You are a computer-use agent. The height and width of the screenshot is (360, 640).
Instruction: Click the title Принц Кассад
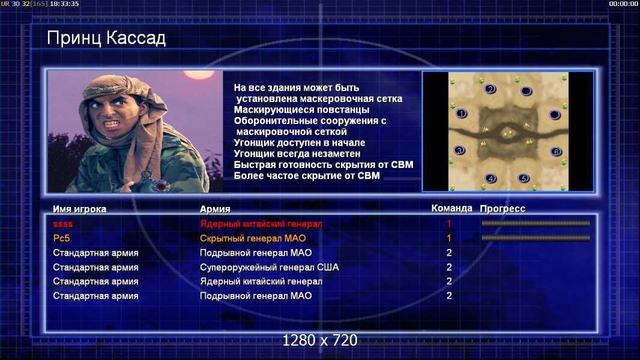click(x=106, y=38)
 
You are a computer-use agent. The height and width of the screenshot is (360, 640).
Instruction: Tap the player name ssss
click(x=63, y=224)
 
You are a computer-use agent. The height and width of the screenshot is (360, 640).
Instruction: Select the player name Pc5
click(x=61, y=238)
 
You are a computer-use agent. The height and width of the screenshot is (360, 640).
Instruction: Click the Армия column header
click(x=215, y=209)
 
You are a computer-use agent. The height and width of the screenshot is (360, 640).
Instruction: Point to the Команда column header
click(x=452, y=208)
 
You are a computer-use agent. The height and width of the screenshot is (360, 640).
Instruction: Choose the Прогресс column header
click(x=503, y=209)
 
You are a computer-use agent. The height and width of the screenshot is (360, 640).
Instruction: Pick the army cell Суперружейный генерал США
click(x=270, y=268)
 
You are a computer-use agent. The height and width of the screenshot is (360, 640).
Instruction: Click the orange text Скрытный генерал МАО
click(x=253, y=238)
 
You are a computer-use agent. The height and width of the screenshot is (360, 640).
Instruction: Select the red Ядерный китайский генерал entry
click(x=261, y=224)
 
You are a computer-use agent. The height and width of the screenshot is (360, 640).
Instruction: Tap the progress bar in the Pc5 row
click(x=536, y=238)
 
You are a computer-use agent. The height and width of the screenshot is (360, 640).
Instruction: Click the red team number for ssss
click(x=449, y=224)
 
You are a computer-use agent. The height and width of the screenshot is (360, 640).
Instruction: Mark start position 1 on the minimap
click(x=461, y=113)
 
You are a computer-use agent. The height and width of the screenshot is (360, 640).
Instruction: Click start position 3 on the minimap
click(x=460, y=151)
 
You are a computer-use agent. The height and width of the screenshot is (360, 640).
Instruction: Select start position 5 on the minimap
click(x=524, y=178)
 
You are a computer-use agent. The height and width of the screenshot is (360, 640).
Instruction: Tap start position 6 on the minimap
click(x=556, y=152)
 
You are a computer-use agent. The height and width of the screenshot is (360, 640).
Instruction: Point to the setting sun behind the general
click(x=199, y=74)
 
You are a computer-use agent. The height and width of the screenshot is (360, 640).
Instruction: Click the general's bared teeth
click(x=111, y=123)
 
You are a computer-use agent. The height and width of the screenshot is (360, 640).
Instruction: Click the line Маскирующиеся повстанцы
click(x=301, y=110)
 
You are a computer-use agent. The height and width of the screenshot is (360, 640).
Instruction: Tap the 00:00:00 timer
click(x=623, y=4)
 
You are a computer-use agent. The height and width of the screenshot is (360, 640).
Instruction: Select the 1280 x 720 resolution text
click(x=320, y=340)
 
